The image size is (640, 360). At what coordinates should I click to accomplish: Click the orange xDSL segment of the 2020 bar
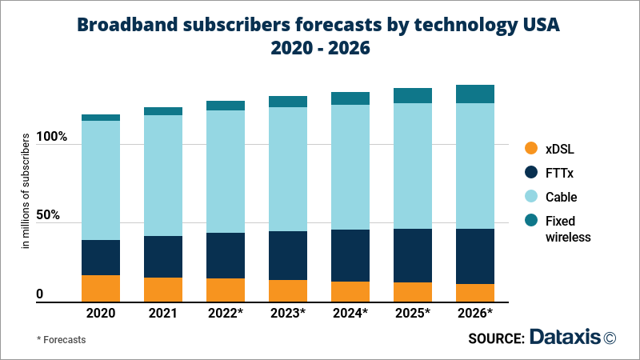coord(101,288)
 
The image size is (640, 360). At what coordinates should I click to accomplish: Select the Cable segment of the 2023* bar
coord(288,169)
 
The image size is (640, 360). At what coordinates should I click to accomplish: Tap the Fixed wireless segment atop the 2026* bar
coord(475,94)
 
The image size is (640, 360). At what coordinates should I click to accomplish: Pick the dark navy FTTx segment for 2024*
coord(350,255)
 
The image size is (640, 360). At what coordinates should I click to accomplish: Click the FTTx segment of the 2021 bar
coord(163,257)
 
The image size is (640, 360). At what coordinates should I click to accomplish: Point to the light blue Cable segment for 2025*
coord(413,166)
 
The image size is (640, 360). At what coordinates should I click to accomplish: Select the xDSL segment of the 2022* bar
coord(226,290)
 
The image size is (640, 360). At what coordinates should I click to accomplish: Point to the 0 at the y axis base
coord(39,294)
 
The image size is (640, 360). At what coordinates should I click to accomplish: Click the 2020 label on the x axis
coord(101,313)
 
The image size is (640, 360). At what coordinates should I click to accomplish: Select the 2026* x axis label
coord(475,313)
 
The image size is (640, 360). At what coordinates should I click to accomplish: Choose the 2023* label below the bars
coord(288,313)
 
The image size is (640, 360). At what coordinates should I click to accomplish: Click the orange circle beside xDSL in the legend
coord(530,149)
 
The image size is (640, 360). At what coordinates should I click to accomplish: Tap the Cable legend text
coord(561,197)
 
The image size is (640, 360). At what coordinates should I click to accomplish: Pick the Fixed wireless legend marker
coord(530,221)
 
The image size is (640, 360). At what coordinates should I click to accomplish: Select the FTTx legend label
coord(559,173)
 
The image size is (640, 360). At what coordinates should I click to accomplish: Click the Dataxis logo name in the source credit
coord(564,338)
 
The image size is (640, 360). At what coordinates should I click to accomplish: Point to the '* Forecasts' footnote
coord(62,339)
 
